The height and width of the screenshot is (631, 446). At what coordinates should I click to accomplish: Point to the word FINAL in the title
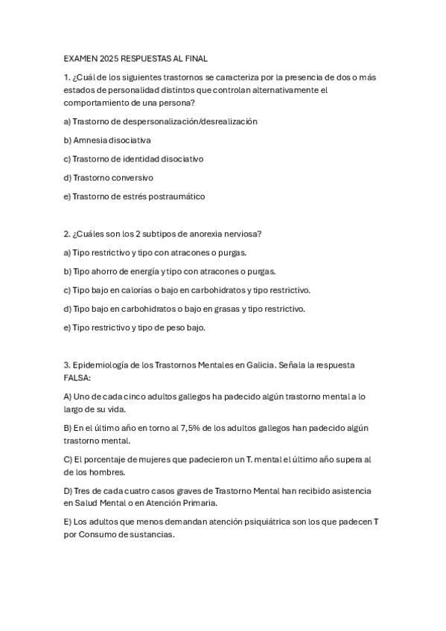(x=197, y=58)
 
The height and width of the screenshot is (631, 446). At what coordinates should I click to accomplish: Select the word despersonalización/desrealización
(x=191, y=121)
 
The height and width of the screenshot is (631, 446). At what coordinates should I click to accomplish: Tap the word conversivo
(x=133, y=178)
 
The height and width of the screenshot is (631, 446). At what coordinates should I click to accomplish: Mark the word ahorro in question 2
(x=103, y=272)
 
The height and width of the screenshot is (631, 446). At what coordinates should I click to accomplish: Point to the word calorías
(x=126, y=290)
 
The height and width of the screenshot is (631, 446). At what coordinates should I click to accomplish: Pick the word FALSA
(x=76, y=378)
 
